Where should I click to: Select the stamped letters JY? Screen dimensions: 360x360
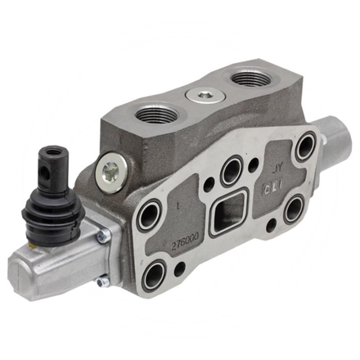tap(276, 170)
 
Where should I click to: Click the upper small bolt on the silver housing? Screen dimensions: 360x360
tap(103, 238)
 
